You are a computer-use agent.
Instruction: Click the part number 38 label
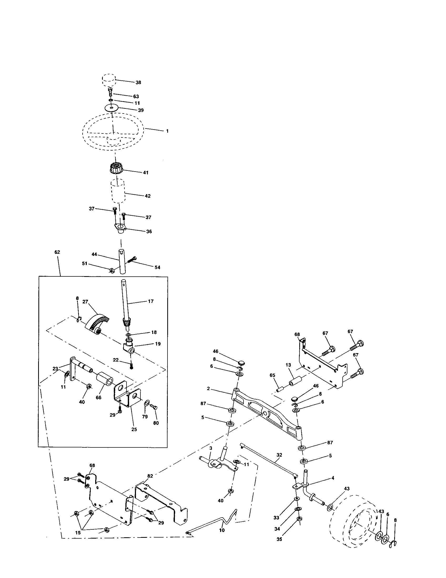(138, 82)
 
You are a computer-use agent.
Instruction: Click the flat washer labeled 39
(111, 108)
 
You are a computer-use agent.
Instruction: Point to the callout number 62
(57, 252)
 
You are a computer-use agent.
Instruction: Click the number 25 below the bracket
(134, 429)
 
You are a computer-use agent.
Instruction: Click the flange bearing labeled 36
(121, 228)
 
